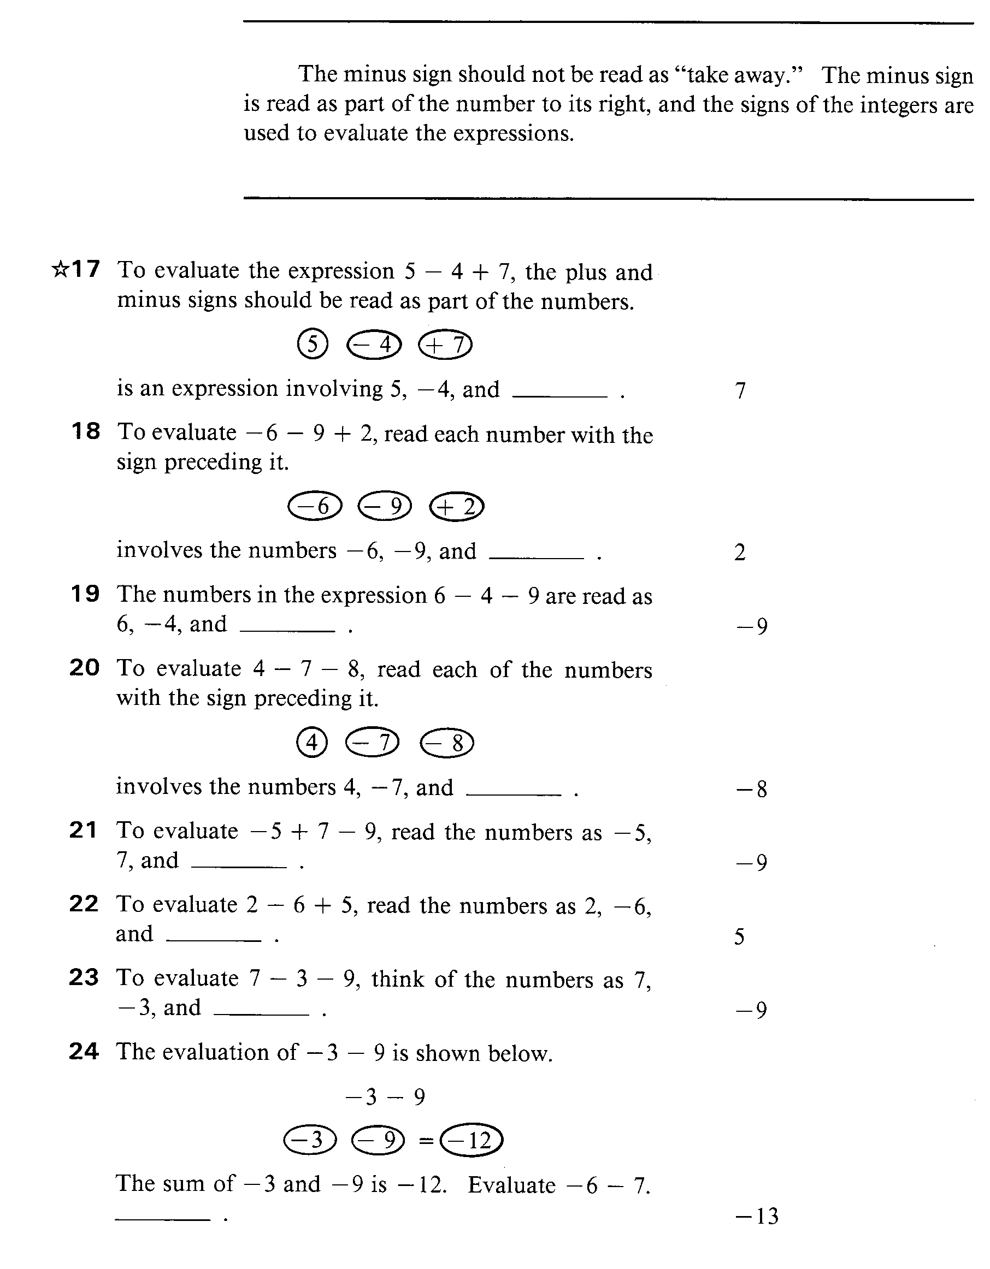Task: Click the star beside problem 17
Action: pos(60,269)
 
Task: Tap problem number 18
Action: pos(85,431)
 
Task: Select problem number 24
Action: pos(84,1051)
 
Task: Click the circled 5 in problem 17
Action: pos(313,344)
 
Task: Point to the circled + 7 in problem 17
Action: pos(445,345)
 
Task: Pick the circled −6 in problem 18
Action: pos(315,506)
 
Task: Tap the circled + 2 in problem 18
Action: pos(456,507)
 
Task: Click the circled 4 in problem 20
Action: pos(312,742)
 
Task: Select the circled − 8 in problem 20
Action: pos(446,743)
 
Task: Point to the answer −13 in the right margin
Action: pos(757,1216)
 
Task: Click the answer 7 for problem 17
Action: pos(740,390)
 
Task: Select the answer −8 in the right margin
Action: pos(752,789)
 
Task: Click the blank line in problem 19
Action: pos(287,631)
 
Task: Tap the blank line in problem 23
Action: pos(262,1014)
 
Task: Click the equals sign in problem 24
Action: pos(426,1141)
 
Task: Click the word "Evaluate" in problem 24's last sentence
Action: pos(511,1185)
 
